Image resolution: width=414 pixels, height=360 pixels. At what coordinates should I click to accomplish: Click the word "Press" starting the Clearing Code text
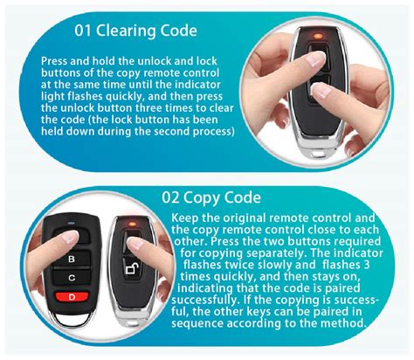coord(59,62)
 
